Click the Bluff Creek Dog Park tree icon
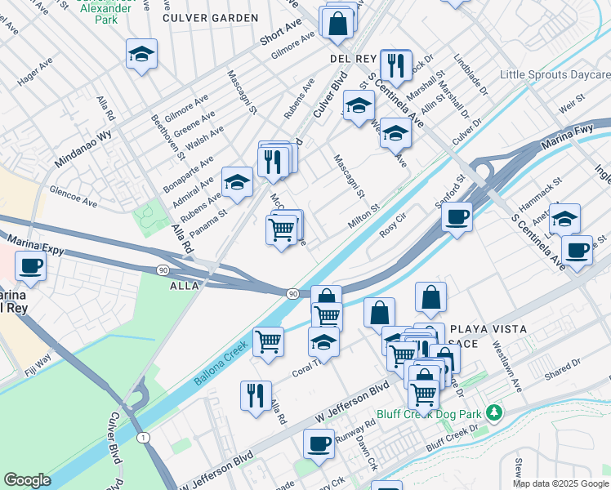(x=493, y=411)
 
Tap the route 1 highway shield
(x=144, y=439)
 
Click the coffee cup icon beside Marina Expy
(x=31, y=265)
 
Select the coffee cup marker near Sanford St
(x=457, y=216)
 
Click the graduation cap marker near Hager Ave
(x=141, y=54)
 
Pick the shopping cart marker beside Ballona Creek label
(x=268, y=341)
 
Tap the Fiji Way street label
(x=38, y=361)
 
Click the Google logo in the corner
(x=27, y=480)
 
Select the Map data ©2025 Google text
(x=560, y=483)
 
